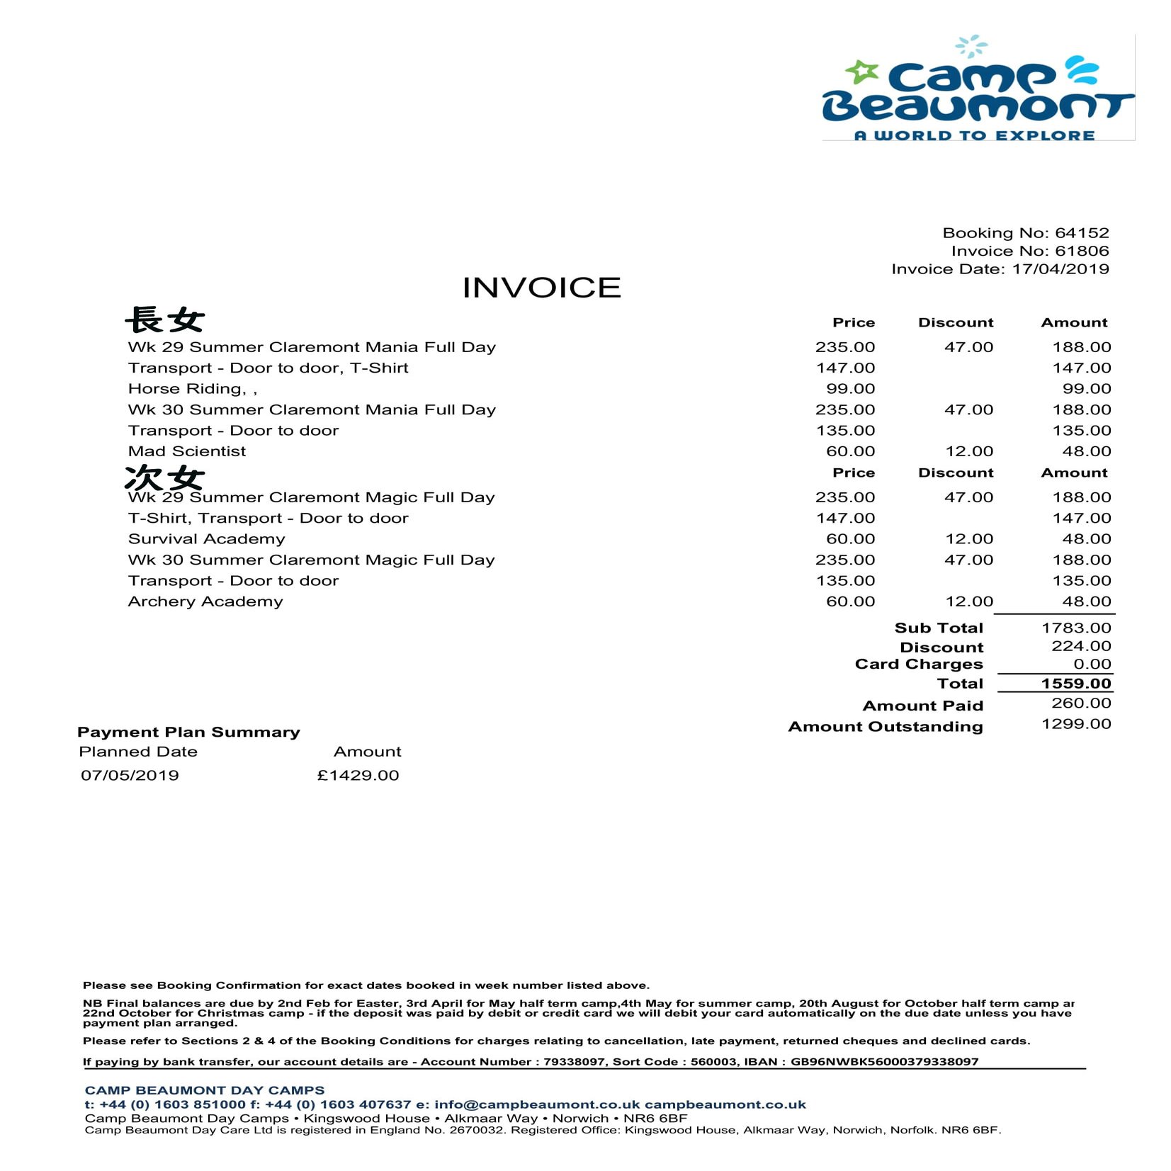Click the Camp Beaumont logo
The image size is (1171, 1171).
click(978, 89)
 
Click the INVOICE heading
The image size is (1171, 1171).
click(541, 288)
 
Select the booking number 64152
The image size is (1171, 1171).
click(1082, 233)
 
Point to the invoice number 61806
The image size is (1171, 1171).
click(1082, 251)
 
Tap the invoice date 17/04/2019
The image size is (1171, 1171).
click(1060, 269)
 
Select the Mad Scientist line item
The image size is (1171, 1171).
click(187, 451)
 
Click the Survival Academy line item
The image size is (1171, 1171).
click(206, 539)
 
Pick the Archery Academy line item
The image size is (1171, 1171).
click(205, 601)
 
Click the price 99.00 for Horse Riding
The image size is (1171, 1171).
click(850, 389)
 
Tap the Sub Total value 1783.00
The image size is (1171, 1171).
click(1076, 628)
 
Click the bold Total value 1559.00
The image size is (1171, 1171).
click(1076, 684)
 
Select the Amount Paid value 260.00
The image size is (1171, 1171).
click(1081, 703)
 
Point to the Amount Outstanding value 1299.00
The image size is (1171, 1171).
click(1076, 724)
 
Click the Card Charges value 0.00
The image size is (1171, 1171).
click(1092, 664)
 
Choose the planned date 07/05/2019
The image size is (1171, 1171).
click(130, 775)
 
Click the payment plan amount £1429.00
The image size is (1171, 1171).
click(358, 775)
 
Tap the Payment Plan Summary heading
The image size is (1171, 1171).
click(188, 732)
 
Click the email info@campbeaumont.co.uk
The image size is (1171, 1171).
click(536, 1104)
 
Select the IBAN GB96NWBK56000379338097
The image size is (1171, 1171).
click(884, 1062)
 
